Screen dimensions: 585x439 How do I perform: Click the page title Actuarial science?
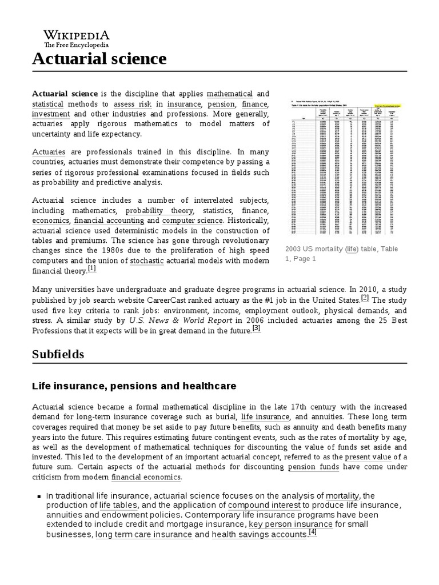click(99, 58)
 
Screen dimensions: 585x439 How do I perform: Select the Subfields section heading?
click(58, 354)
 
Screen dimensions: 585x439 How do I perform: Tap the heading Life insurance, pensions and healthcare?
click(134, 386)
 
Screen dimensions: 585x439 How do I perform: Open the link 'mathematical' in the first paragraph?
click(229, 93)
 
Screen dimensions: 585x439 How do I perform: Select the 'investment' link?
click(51, 114)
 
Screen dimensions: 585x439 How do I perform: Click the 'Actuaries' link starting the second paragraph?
click(49, 152)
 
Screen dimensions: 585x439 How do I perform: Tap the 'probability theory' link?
click(151, 210)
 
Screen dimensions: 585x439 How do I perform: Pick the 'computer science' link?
click(191, 221)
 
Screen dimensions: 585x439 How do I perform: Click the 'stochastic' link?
click(146, 261)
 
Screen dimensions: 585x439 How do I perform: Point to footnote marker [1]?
click(92, 269)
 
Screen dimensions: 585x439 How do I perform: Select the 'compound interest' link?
click(264, 506)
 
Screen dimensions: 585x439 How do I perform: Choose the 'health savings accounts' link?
click(259, 535)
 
